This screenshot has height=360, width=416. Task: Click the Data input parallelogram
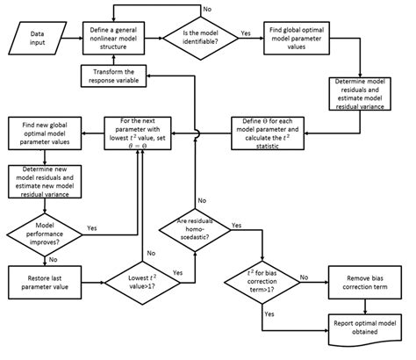click(x=39, y=39)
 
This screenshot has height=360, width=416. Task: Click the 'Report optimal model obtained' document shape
click(x=363, y=326)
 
